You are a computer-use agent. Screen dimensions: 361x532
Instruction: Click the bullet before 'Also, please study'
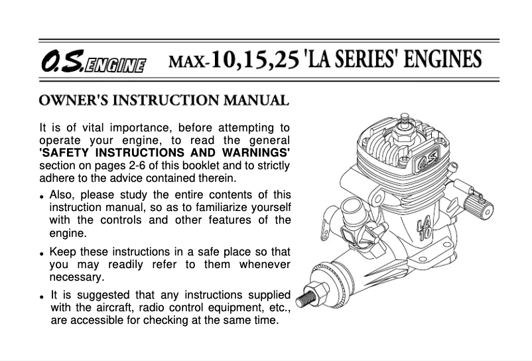pyautogui.click(x=42, y=197)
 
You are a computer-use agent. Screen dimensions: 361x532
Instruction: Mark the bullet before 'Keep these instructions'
pyautogui.click(x=42, y=254)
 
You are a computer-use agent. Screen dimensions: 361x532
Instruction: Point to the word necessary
pyautogui.click(x=77, y=278)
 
